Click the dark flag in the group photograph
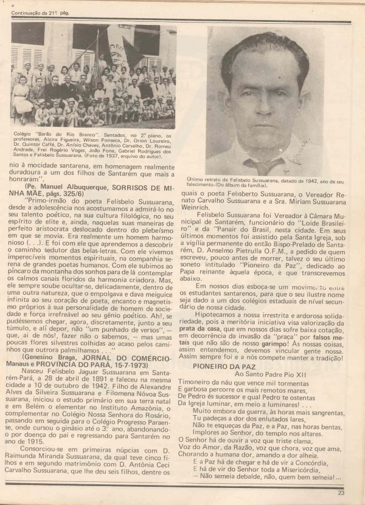(x=131, y=52)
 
